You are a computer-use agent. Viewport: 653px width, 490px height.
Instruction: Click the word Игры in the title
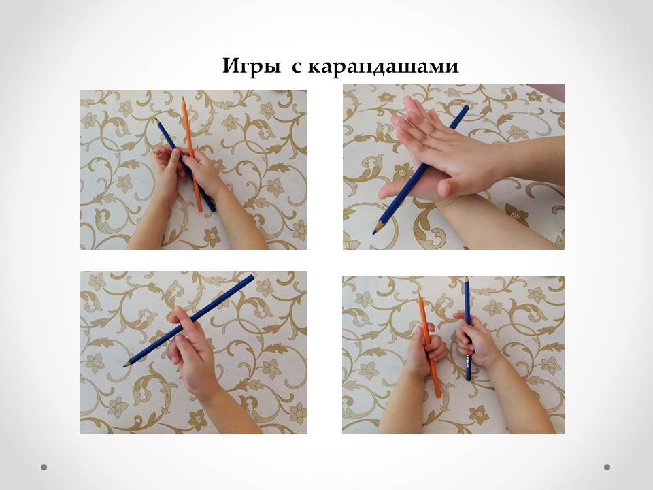pyautogui.click(x=252, y=67)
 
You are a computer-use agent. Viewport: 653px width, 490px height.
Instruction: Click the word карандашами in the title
pyautogui.click(x=383, y=67)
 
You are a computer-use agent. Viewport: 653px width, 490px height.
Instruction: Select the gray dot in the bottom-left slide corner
pyautogui.click(x=44, y=467)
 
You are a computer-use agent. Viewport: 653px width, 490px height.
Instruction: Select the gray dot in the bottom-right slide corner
pyautogui.click(x=607, y=467)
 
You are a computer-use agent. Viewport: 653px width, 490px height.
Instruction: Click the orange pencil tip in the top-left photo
pyautogui.click(x=183, y=98)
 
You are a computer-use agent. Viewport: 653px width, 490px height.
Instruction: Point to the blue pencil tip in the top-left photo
pyautogui.click(x=156, y=120)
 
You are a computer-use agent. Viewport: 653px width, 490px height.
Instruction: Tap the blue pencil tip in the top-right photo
pyautogui.click(x=374, y=233)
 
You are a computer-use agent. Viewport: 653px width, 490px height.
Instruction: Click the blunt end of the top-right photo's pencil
pyautogui.click(x=466, y=108)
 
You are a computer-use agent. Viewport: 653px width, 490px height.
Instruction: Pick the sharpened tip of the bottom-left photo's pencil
pyautogui.click(x=124, y=366)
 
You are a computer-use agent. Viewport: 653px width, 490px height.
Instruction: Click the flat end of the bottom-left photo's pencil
pyautogui.click(x=251, y=277)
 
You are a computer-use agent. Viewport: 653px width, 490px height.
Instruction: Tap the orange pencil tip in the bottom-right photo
pyautogui.click(x=420, y=296)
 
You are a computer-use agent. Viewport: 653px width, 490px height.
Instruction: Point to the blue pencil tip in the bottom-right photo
pyautogui.click(x=466, y=278)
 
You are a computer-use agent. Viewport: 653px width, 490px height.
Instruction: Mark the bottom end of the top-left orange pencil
pyautogui.click(x=200, y=210)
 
